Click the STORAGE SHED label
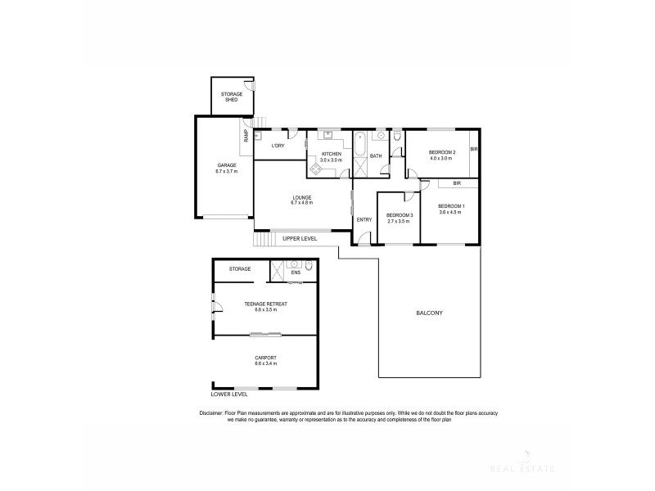coord(231,97)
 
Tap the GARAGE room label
coord(226,164)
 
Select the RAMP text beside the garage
coord(246,136)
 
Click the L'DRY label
coord(278,146)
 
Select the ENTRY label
coord(364,219)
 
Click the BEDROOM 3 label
coord(400,215)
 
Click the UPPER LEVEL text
coord(300,238)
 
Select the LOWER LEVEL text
coord(228,394)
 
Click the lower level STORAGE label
coord(240,268)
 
